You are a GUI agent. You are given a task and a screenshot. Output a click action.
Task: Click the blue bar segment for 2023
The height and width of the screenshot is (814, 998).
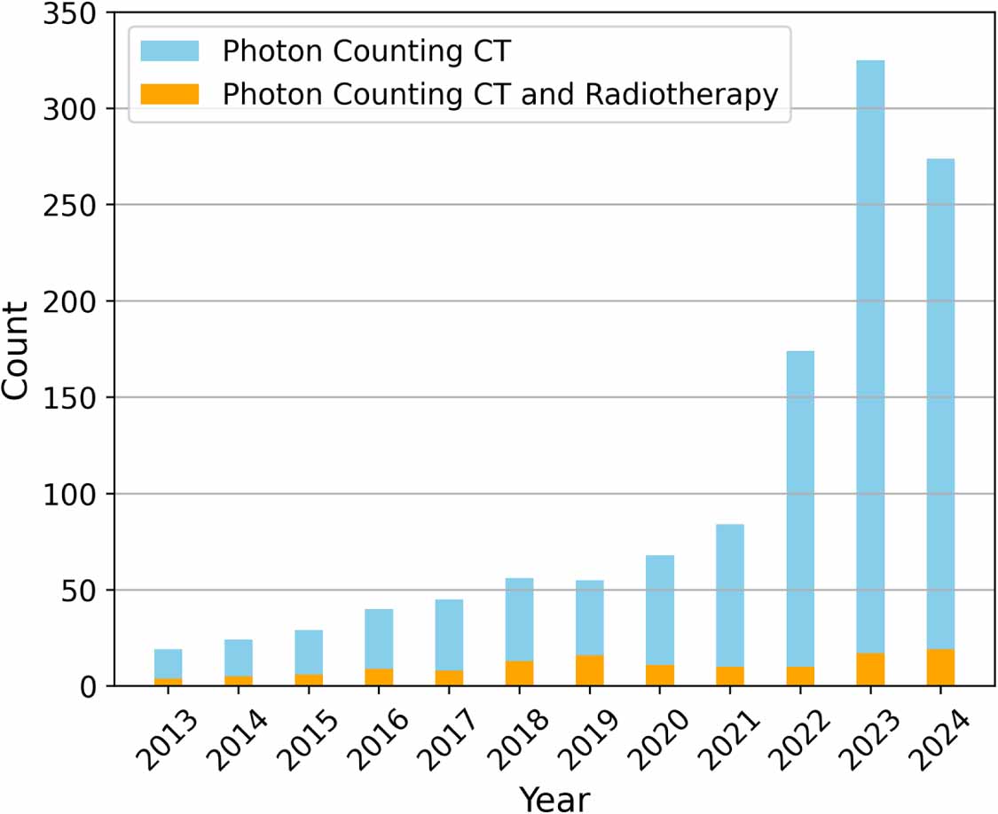tap(870, 355)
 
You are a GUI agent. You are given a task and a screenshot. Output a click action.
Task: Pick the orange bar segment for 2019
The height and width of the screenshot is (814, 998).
tap(590, 670)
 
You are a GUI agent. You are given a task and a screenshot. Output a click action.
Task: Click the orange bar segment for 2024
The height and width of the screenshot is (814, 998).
tap(940, 668)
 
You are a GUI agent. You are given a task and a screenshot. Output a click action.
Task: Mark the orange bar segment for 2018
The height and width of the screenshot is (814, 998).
tap(519, 673)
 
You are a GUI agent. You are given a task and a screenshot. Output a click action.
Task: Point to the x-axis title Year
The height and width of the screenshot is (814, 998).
tap(554, 797)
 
